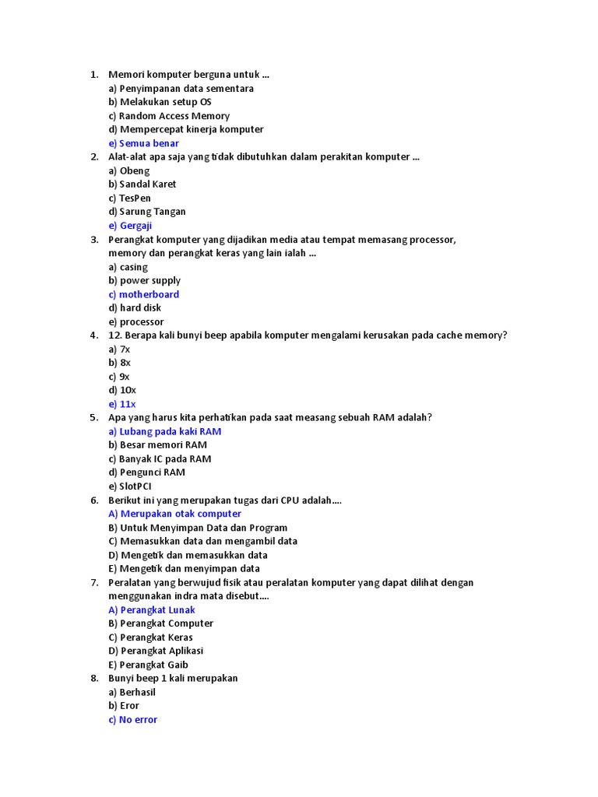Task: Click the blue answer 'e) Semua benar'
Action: [144, 143]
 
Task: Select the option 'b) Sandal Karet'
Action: [142, 184]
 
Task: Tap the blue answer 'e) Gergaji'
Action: [131, 226]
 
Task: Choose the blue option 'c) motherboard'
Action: [144, 294]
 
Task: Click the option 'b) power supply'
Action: [145, 280]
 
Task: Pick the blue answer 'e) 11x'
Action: [122, 404]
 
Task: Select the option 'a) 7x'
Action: [120, 349]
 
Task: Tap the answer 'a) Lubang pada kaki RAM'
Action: [165, 431]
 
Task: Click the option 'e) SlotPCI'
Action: [130, 486]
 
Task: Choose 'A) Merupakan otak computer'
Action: [175, 514]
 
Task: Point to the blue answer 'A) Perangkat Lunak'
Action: [152, 610]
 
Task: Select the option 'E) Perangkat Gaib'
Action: [149, 665]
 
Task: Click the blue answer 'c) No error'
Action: [133, 720]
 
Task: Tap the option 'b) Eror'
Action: [124, 706]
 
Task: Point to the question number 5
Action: [93, 418]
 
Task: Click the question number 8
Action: [93, 679]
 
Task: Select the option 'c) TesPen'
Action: [130, 198]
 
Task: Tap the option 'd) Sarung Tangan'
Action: [147, 212]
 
